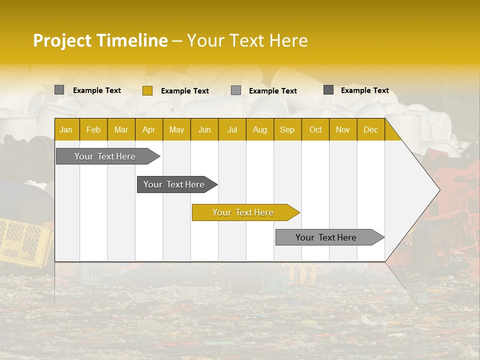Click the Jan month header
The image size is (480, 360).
(66, 129)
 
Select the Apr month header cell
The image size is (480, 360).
(148, 129)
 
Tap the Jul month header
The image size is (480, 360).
(232, 129)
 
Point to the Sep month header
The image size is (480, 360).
(287, 129)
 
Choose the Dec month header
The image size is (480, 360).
(370, 129)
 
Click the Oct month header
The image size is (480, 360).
(315, 129)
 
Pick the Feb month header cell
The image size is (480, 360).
(93, 129)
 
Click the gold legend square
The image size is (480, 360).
(147, 90)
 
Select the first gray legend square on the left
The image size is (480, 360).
(59, 90)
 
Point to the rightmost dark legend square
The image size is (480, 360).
(328, 90)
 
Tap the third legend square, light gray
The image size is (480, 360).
(236, 90)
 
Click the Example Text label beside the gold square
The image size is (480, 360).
(185, 91)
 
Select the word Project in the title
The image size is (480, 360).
(62, 40)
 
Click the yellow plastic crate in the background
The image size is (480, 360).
(25, 242)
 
